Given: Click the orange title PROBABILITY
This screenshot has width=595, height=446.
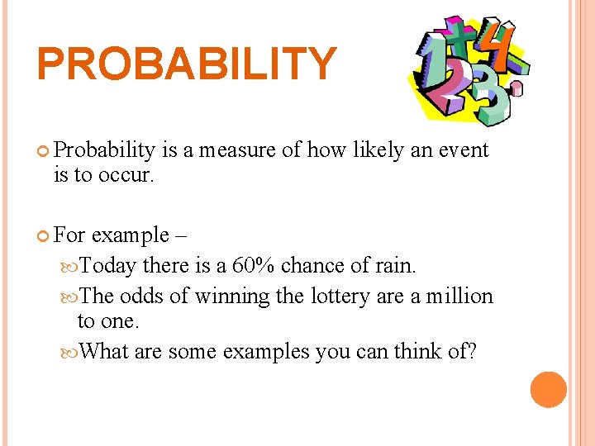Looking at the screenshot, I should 187,64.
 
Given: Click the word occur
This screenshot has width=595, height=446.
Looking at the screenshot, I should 127,176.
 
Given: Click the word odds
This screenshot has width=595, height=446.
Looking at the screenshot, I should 144,296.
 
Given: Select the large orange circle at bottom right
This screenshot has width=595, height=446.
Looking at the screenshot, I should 549,390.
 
